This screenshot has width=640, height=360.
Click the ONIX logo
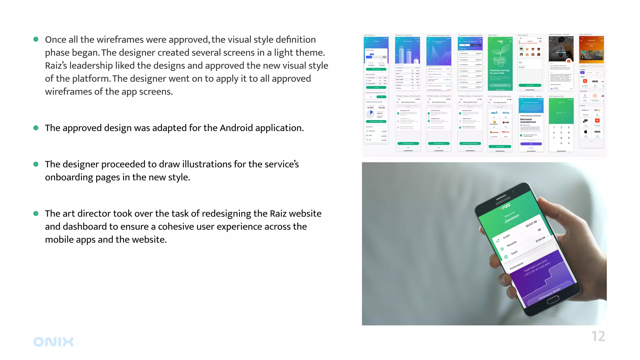coord(53,342)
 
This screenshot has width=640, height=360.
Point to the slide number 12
coord(598,337)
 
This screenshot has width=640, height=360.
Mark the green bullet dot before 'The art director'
coord(36,214)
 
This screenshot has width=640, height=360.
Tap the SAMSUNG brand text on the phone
coord(503,200)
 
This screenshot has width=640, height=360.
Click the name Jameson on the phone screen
coord(512,218)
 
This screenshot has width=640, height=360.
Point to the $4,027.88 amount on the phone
coord(531,224)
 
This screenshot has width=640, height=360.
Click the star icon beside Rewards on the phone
coord(502,249)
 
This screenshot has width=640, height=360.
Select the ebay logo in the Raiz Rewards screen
coord(597,110)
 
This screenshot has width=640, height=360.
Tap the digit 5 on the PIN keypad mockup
coord(561,132)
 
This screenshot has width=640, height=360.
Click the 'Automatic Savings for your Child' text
coord(500,72)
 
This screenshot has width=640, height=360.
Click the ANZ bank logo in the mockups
coord(494,113)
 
